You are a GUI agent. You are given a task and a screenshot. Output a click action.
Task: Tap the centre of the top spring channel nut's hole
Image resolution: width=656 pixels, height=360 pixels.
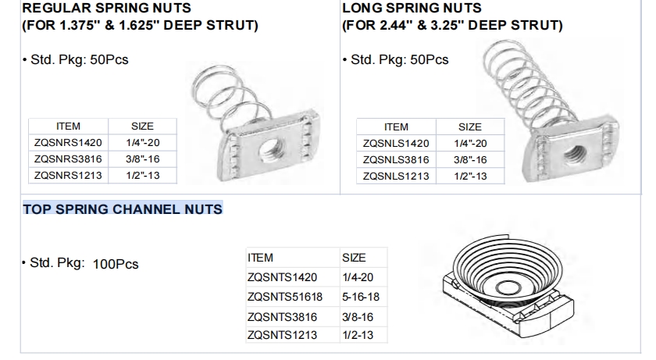507,287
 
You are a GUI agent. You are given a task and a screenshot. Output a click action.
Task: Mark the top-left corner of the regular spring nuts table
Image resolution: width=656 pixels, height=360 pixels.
28,119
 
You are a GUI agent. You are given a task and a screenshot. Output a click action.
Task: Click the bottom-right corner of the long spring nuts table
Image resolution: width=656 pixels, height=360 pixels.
504,184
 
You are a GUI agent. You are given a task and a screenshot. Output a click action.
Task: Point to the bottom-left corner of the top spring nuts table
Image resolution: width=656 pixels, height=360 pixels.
246,343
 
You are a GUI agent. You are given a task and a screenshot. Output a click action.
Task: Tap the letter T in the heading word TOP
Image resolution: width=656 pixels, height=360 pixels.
27,209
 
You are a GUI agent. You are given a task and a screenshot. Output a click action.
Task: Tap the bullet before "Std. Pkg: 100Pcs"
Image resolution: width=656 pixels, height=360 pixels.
23,262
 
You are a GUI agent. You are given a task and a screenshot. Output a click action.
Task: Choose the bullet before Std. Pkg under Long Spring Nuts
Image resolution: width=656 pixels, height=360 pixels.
344,60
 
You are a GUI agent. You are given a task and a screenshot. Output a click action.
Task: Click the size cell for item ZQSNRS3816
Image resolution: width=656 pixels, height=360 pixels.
143,159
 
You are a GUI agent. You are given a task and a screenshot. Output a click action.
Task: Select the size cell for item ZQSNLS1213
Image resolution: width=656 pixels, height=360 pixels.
470,176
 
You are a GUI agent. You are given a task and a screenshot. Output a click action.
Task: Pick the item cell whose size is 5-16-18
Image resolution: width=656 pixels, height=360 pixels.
293,297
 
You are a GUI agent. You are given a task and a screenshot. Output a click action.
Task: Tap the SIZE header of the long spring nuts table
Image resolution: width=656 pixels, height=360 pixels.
470,127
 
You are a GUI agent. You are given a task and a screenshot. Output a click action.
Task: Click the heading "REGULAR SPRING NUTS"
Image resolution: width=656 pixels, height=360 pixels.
106,8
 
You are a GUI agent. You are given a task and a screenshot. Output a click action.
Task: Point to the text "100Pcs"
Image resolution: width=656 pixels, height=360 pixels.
116,264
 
